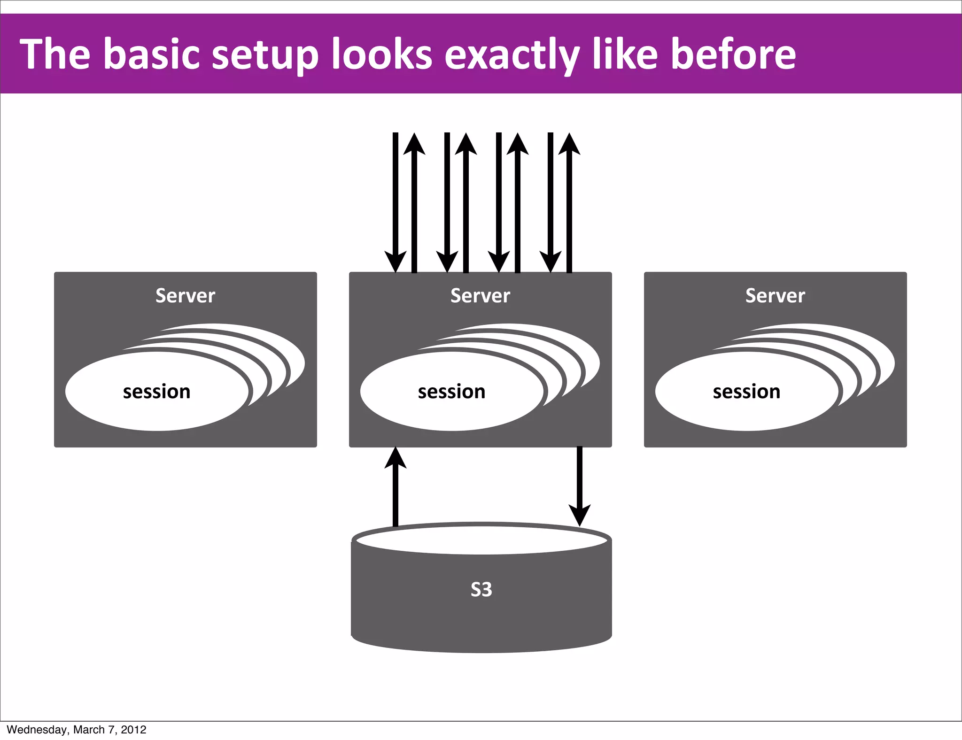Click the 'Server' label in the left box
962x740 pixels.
(x=185, y=296)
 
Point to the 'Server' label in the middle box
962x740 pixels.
(x=480, y=296)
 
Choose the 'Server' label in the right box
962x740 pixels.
(x=775, y=296)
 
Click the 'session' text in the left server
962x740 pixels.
(x=156, y=392)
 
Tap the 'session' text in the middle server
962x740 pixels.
(x=451, y=392)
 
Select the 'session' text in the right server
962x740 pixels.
(x=746, y=392)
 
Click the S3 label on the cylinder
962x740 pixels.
(x=481, y=589)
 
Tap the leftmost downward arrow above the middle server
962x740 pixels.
(x=396, y=202)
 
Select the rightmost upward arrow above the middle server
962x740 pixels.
(x=569, y=202)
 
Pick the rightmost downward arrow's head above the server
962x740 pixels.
(x=551, y=262)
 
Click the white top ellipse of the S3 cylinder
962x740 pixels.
(x=481, y=540)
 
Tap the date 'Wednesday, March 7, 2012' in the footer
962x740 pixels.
(x=77, y=730)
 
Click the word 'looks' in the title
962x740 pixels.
(x=381, y=54)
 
